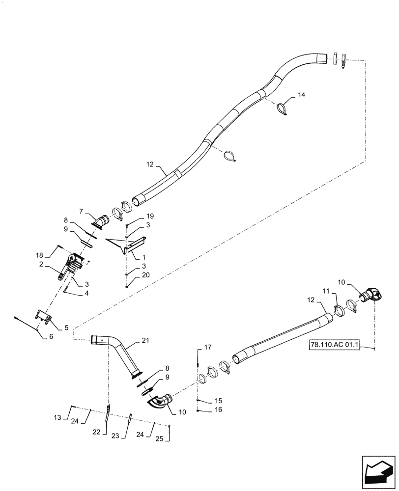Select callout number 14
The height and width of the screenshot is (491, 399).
pyautogui.click(x=301, y=95)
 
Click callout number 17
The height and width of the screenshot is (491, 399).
pyautogui.click(x=208, y=348)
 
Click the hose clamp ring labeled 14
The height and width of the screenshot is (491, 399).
pyautogui.click(x=283, y=108)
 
